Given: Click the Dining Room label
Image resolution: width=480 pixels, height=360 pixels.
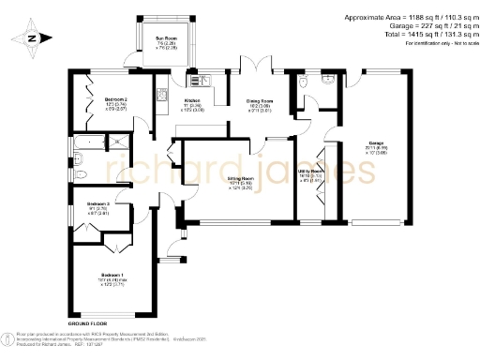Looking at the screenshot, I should (259, 103).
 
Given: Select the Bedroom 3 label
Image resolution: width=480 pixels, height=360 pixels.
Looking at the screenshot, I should (99, 207).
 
